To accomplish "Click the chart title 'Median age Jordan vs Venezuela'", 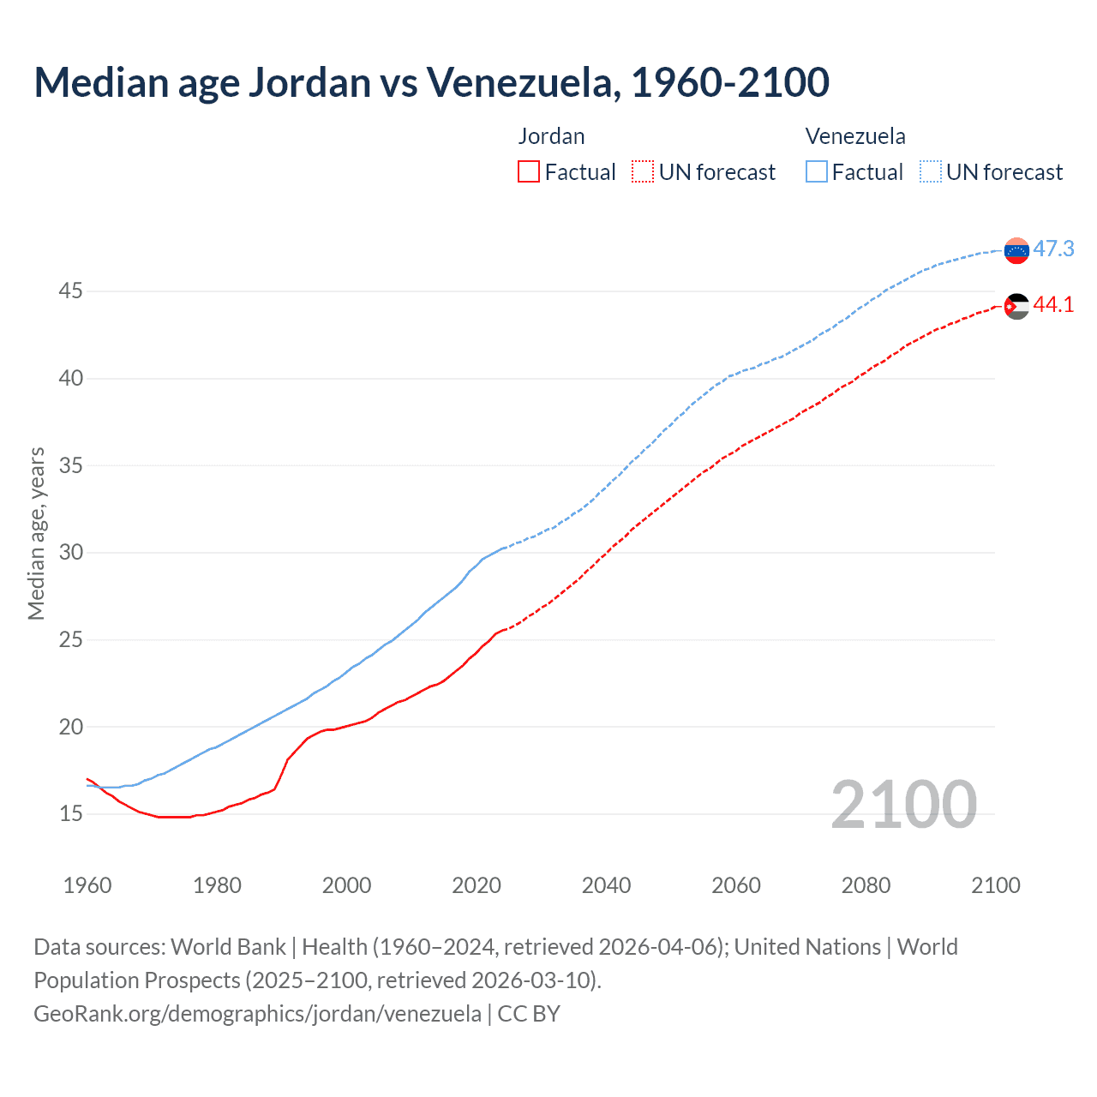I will coord(431,82).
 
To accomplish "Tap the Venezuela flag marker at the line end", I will coord(1016,250).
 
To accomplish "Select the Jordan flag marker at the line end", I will coord(1016,306).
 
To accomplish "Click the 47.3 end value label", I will coord(1053,249).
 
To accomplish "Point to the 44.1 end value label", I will coord(1053,304).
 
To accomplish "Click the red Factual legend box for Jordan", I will coord(529,171).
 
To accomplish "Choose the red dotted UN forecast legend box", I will coord(643,171).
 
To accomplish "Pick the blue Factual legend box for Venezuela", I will coord(817,171).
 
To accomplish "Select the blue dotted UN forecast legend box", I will coord(930,171).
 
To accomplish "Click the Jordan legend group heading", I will coord(551,136).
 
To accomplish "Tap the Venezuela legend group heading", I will coord(855,136).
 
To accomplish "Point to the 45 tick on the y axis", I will coord(70,291).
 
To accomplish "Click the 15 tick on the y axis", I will coord(70,813).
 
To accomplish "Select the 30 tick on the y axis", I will coord(70,553).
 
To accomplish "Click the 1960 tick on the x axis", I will coord(87,885).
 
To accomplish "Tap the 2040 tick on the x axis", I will coord(606,885).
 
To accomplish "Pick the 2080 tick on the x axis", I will coord(866,885).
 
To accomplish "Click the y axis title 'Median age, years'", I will coord(36,533).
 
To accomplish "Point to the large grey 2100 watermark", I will coord(903,804).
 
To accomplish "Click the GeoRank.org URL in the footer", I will coord(257,1014).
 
